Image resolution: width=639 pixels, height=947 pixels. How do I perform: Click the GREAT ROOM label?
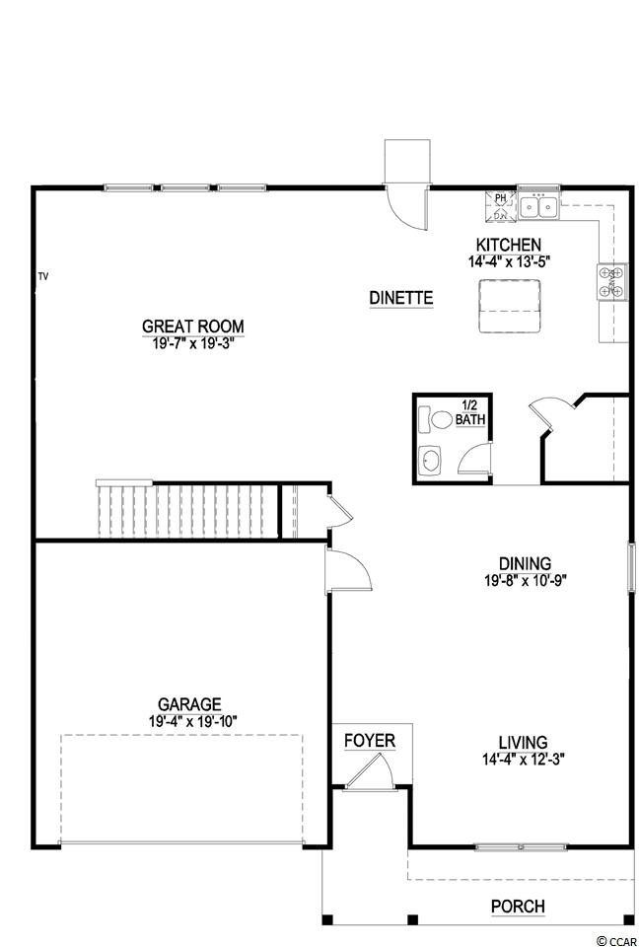(x=192, y=327)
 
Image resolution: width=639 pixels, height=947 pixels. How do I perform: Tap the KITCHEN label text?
(x=508, y=245)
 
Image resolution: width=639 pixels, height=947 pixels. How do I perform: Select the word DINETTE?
(x=401, y=298)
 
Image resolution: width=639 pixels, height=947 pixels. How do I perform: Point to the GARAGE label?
(x=189, y=704)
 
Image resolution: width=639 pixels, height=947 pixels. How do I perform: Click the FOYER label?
(x=370, y=741)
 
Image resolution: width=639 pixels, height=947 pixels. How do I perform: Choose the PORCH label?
(x=518, y=906)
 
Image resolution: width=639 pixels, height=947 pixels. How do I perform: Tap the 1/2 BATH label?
(x=470, y=411)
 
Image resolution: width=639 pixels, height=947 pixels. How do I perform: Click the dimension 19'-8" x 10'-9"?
(x=525, y=580)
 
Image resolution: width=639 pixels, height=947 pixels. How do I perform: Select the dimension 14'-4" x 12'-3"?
(x=523, y=759)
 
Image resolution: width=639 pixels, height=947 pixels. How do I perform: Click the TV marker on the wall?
(x=42, y=276)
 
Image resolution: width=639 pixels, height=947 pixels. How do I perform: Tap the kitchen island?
(x=509, y=306)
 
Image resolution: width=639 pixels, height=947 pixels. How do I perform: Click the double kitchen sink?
(x=538, y=208)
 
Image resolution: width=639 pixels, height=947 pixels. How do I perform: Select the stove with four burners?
(x=610, y=281)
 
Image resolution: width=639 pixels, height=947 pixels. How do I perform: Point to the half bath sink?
(x=430, y=462)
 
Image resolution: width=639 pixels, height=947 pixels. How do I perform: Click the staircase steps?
(x=187, y=509)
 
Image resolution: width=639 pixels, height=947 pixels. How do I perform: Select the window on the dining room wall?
(x=631, y=567)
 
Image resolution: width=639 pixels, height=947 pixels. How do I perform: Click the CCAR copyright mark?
(x=616, y=940)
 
